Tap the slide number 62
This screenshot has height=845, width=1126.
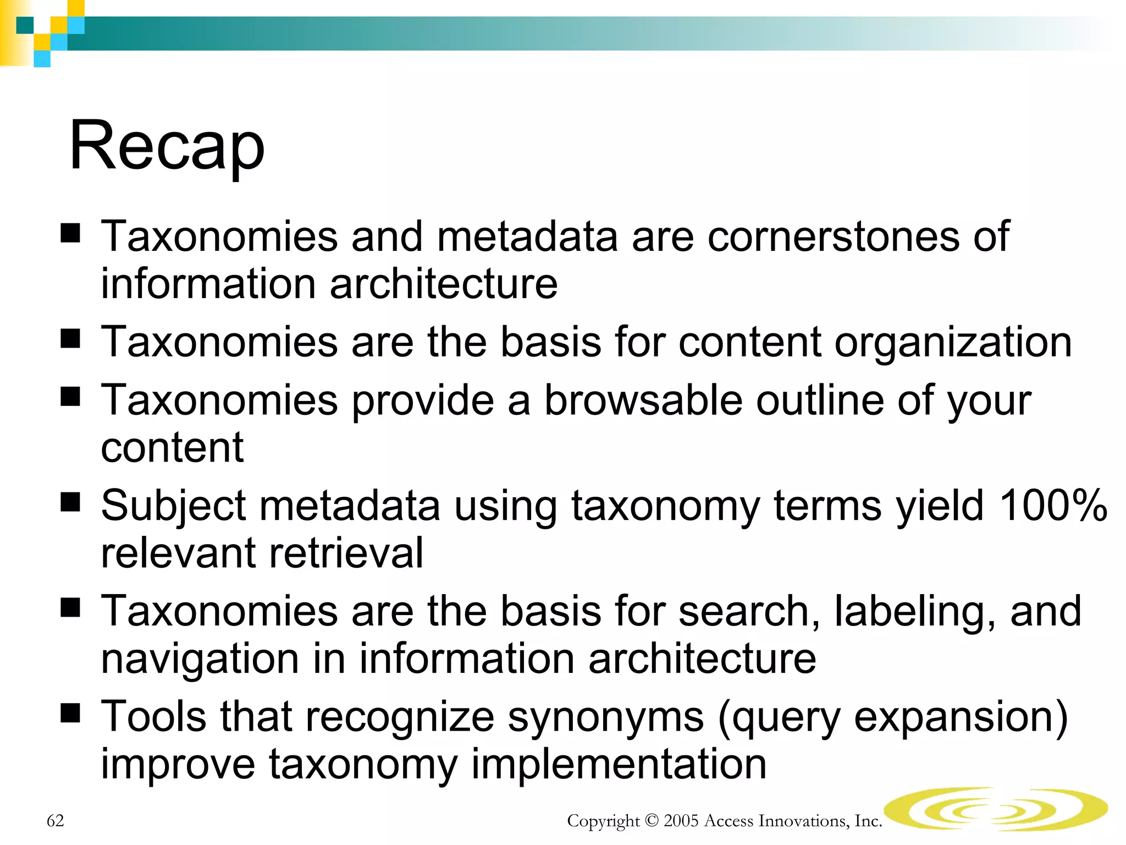click(56, 821)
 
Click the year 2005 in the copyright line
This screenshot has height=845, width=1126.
click(681, 821)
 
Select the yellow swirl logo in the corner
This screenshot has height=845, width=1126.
click(996, 809)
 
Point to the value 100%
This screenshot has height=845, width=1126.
click(1053, 506)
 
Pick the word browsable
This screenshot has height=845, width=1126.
click(643, 400)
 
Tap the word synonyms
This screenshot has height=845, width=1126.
click(605, 717)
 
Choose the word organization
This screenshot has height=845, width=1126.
click(953, 342)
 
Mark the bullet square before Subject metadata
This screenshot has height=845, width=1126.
click(70, 501)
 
